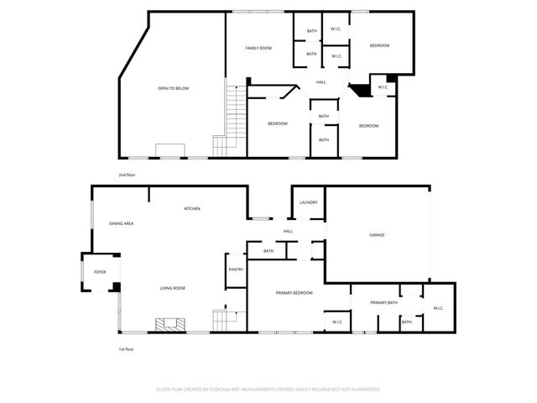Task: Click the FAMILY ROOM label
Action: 258,48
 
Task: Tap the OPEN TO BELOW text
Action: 174,87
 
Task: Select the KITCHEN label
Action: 192,208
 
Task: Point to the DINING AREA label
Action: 122,223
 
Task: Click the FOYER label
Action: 100,272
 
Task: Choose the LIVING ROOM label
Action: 173,288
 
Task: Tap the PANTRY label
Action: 236,270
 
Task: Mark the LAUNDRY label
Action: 308,202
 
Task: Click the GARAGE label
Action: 377,234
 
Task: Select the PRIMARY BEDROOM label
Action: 295,292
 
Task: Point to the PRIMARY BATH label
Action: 384,302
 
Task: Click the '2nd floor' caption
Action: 127,175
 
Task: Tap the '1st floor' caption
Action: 126,348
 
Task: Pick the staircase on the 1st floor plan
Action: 225,320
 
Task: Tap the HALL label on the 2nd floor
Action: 321,82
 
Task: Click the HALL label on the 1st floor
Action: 288,231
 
